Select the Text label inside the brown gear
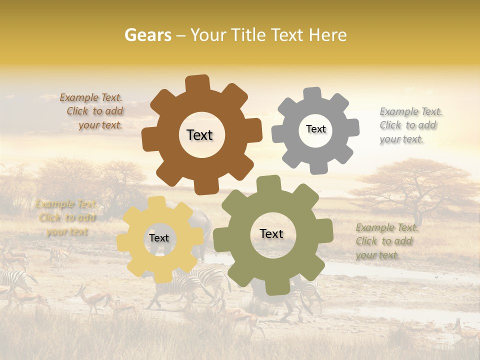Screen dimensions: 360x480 point(199,135)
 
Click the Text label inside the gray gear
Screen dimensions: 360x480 point(315,129)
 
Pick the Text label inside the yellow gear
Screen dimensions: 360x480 point(159,238)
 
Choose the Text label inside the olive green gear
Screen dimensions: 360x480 point(271,233)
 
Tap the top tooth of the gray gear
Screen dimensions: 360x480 point(312,94)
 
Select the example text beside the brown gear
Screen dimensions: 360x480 point(92,111)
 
